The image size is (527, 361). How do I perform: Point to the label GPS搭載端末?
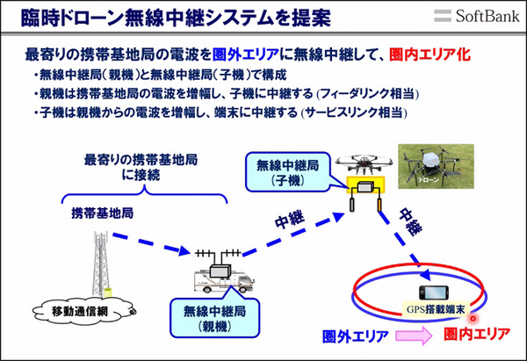[x=433, y=307]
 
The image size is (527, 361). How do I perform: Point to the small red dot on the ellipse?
[x=473, y=319]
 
